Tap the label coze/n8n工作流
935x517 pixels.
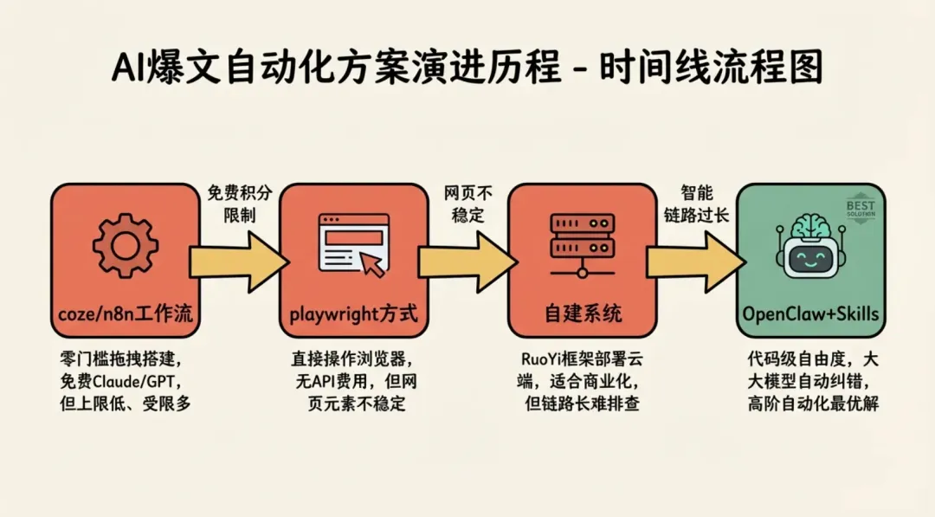point(126,313)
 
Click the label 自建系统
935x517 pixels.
point(582,313)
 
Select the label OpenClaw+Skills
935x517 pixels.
point(810,313)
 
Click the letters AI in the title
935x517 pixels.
point(132,68)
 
